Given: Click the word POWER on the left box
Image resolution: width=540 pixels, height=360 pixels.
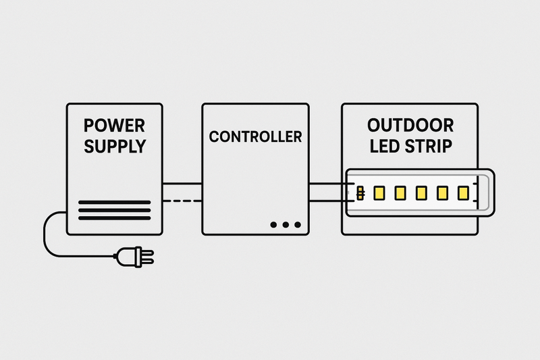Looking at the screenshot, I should (x=114, y=126).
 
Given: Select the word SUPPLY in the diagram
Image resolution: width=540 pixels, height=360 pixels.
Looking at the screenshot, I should (x=114, y=146).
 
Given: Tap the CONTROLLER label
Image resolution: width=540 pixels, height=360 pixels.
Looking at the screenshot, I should (x=255, y=136).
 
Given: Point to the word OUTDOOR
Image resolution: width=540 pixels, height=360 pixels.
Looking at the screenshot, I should (x=410, y=126).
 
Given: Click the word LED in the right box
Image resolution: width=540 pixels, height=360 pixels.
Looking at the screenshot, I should (x=385, y=146).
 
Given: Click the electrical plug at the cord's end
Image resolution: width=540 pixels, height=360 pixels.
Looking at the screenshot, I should (x=135, y=256).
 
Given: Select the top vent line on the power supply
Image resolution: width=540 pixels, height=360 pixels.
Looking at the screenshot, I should (x=114, y=202).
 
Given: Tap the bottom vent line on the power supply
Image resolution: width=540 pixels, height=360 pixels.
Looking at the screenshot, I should (x=114, y=218).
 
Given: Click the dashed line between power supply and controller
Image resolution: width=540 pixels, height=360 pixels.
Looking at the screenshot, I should (x=182, y=201).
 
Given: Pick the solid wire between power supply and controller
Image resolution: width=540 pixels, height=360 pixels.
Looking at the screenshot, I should (x=182, y=183).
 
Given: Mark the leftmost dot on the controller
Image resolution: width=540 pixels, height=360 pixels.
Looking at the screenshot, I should (x=273, y=224).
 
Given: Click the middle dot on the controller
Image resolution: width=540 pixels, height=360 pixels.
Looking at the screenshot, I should (x=285, y=224).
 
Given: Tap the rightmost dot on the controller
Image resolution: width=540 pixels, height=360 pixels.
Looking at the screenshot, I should (x=297, y=224).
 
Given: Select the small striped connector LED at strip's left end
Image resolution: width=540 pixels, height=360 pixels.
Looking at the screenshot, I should (x=360, y=193).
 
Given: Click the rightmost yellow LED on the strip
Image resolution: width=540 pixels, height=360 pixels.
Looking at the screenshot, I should (x=463, y=193).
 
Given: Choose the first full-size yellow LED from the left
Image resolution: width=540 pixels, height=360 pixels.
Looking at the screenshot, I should (x=379, y=193).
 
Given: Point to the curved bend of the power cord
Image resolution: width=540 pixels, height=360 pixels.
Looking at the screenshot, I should (x=49, y=230).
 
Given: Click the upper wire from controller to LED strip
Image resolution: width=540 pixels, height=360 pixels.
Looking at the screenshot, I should (x=327, y=183).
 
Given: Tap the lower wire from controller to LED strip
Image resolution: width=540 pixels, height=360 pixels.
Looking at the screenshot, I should (x=327, y=201).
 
